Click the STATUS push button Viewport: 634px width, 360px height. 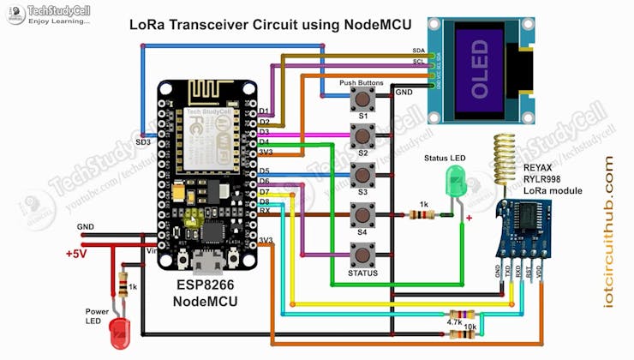(x=363, y=255)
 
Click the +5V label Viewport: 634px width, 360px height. (x=79, y=254)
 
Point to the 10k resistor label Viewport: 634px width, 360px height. (x=470, y=327)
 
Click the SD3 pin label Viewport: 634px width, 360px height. (x=143, y=141)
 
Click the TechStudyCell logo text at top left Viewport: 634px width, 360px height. (x=60, y=9)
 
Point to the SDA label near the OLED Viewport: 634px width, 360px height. (x=418, y=51)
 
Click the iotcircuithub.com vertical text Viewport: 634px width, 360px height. (x=609, y=231)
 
